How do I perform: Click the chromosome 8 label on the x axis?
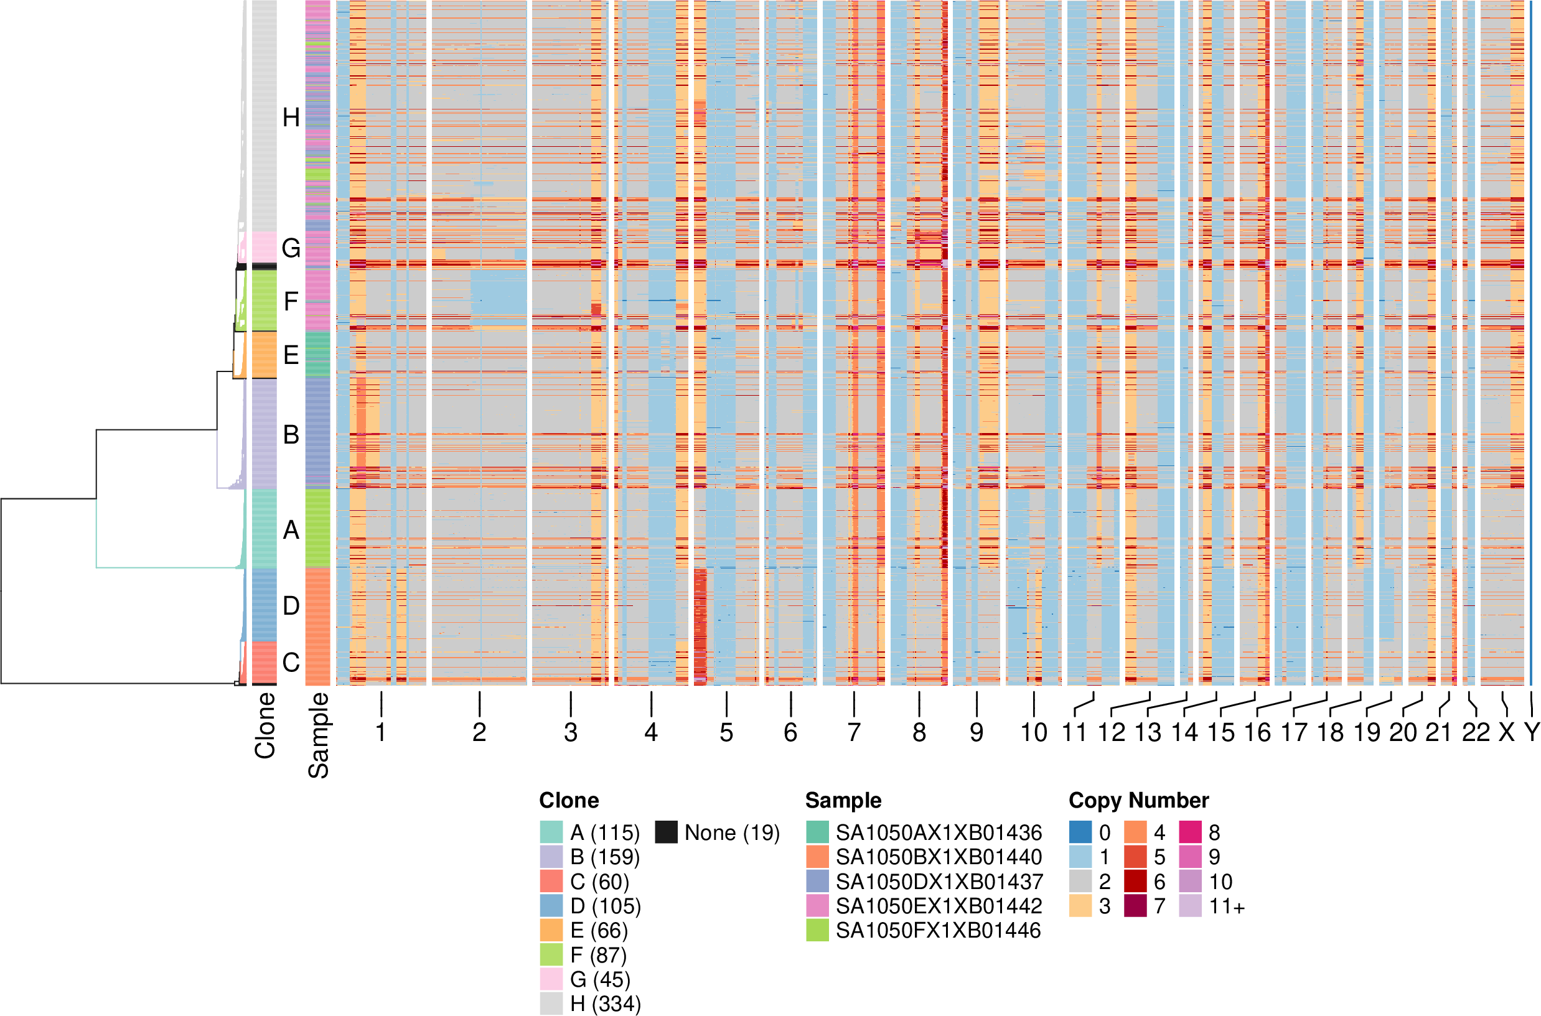tap(919, 733)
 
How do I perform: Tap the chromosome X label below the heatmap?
tap(1507, 733)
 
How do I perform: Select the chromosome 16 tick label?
tap(1257, 733)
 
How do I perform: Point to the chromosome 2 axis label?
tap(479, 733)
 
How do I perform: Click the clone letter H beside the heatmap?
tap(291, 118)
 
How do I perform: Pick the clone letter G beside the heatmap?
tap(291, 248)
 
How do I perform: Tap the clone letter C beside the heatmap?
tap(291, 662)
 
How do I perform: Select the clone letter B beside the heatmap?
tap(291, 435)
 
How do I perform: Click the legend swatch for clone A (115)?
tap(551, 832)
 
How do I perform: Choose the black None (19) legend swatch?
tap(665, 832)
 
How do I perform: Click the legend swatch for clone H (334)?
tap(551, 1004)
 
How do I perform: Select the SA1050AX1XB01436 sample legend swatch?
tap(817, 832)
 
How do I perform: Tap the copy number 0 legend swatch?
tap(1080, 832)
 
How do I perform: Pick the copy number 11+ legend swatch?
tap(1190, 906)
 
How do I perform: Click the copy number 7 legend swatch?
tap(1135, 906)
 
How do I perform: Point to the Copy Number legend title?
tap(1138, 800)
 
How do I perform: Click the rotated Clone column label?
tap(265, 725)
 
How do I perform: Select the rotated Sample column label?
tap(318, 735)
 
